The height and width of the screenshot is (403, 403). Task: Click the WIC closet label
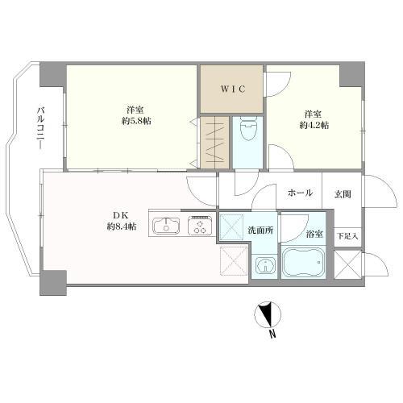(x=232, y=89)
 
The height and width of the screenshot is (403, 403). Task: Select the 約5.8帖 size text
(x=135, y=121)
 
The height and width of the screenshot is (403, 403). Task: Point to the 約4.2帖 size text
(x=314, y=127)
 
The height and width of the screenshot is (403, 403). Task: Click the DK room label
(x=119, y=215)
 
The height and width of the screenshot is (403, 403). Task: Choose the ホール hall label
(x=299, y=193)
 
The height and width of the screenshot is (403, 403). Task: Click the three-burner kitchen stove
(x=198, y=226)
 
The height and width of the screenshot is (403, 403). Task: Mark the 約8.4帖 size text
(x=122, y=226)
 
